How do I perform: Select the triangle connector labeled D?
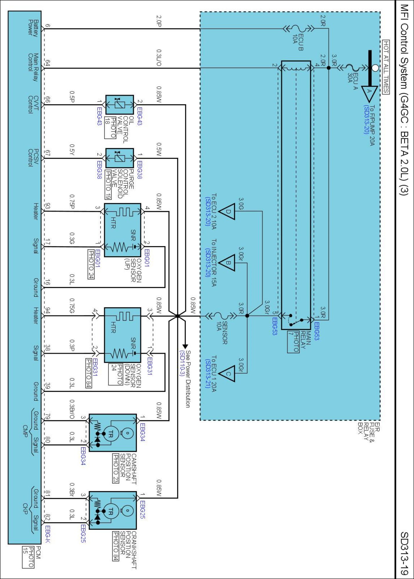tap(227, 211)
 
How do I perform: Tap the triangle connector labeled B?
tap(227, 263)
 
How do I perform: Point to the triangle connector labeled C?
tap(227, 373)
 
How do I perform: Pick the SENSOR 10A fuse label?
tap(222, 333)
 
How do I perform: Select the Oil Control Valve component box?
tap(119, 105)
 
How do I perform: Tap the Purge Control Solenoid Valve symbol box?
tap(119, 158)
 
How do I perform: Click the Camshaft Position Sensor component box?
tap(112, 433)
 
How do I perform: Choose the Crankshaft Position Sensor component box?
tap(112, 510)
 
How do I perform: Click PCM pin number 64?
tap(48, 63)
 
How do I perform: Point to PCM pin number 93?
tap(48, 206)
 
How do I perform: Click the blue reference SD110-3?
tap(182, 363)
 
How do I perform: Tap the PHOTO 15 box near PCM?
tap(28, 557)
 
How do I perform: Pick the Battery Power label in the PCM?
tap(33, 28)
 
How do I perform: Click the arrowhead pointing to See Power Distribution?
tap(185, 346)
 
